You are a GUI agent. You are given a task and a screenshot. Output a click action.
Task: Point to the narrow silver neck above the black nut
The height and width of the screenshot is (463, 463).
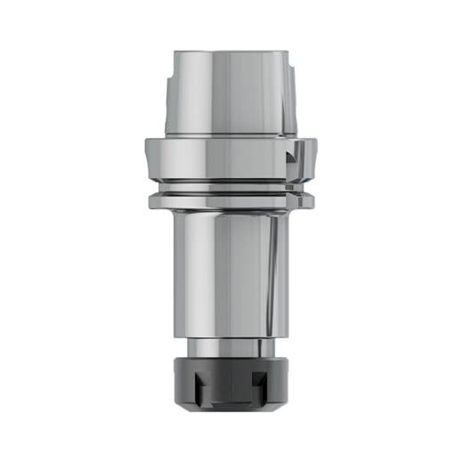click(x=231, y=348)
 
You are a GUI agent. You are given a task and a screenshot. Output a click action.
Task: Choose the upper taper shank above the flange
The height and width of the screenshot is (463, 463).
click(x=230, y=93)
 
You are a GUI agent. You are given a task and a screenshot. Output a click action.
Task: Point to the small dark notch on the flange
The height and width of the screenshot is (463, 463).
click(x=292, y=158)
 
